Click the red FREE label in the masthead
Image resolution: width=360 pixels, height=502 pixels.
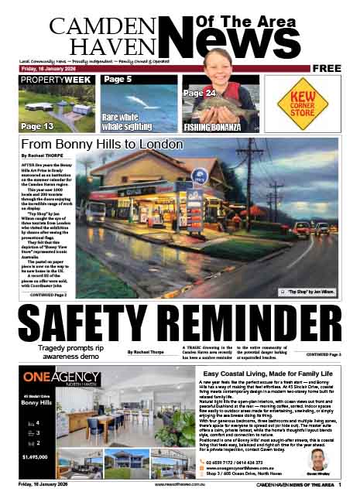[x=327, y=68]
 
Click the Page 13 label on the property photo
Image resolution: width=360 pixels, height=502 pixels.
[x=37, y=126]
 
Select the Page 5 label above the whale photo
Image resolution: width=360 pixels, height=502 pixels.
[x=118, y=79]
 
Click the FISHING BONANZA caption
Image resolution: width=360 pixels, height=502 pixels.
[x=212, y=127]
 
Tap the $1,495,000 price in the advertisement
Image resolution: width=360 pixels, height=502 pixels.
[x=38, y=457]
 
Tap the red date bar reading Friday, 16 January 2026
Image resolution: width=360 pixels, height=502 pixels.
[x=47, y=68]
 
